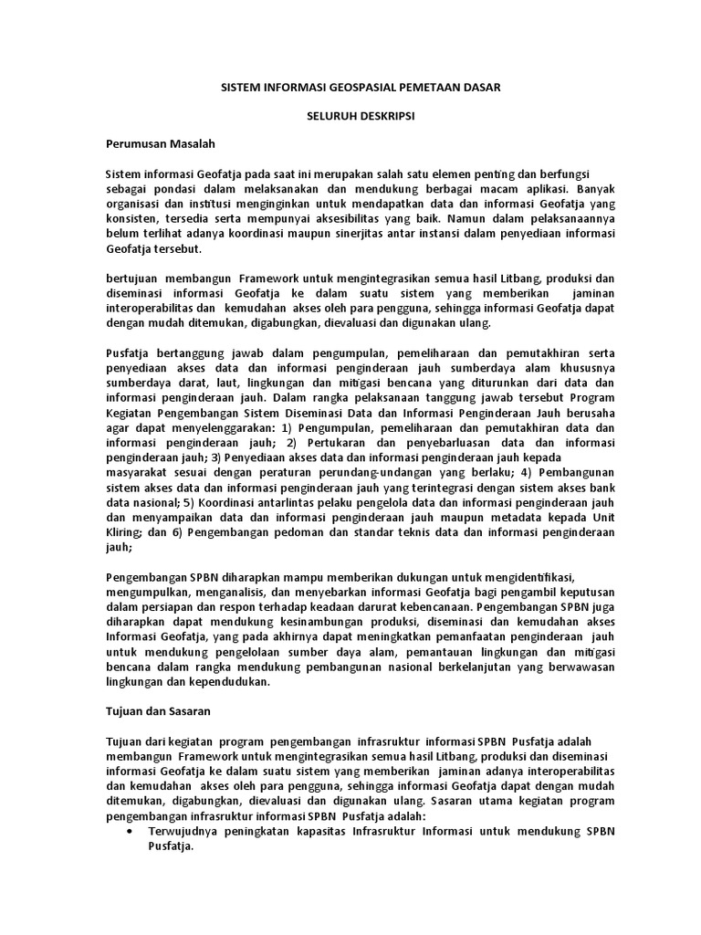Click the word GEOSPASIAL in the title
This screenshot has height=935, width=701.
tap(343, 87)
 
